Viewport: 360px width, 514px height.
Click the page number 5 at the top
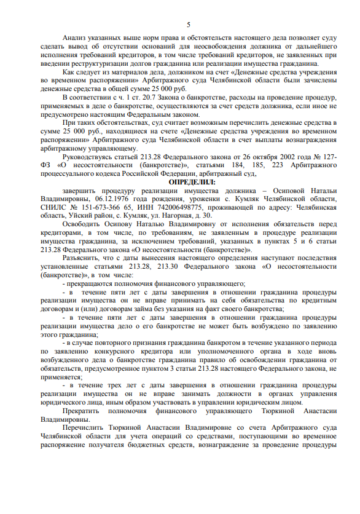pos(180,23)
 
